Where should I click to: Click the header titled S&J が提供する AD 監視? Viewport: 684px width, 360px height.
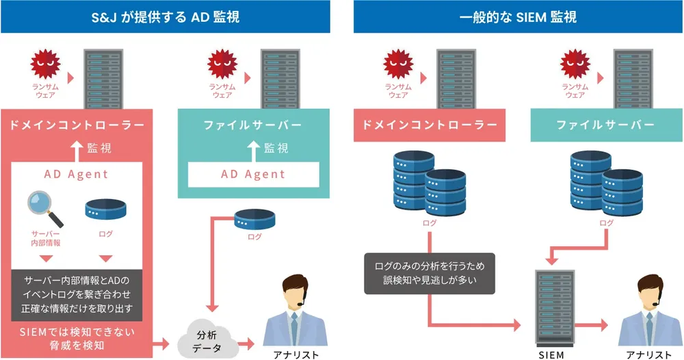pos(166,16)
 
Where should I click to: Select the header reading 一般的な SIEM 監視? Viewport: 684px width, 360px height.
pos(518,16)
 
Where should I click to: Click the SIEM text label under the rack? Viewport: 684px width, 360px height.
pos(551,354)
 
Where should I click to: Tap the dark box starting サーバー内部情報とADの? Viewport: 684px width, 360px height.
pos(77,294)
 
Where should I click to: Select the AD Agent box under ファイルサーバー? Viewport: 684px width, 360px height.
pos(252,174)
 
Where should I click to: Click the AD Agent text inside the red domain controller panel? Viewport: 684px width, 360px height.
pos(76,174)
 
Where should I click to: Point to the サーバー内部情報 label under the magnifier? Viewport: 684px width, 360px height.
pos(47,238)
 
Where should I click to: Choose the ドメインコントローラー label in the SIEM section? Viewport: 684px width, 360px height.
pos(429,125)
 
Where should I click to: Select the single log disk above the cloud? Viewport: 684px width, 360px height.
pos(254,219)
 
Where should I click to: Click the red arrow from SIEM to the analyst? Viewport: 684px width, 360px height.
pos(594,326)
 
